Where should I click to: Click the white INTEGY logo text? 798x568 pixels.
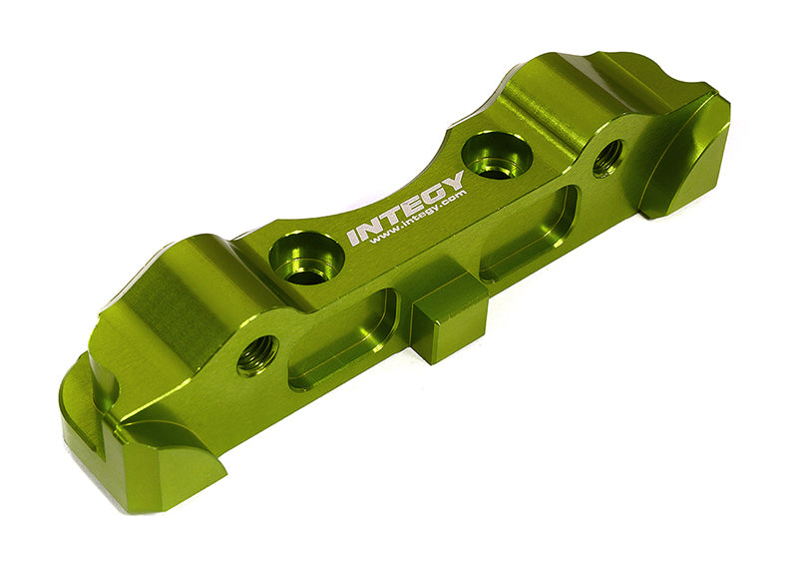click(406, 208)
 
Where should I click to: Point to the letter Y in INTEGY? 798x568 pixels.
click(454, 182)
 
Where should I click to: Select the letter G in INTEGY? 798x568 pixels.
click(433, 192)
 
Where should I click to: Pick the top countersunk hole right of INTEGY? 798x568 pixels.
click(496, 156)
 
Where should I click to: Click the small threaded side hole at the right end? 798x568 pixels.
click(607, 157)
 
